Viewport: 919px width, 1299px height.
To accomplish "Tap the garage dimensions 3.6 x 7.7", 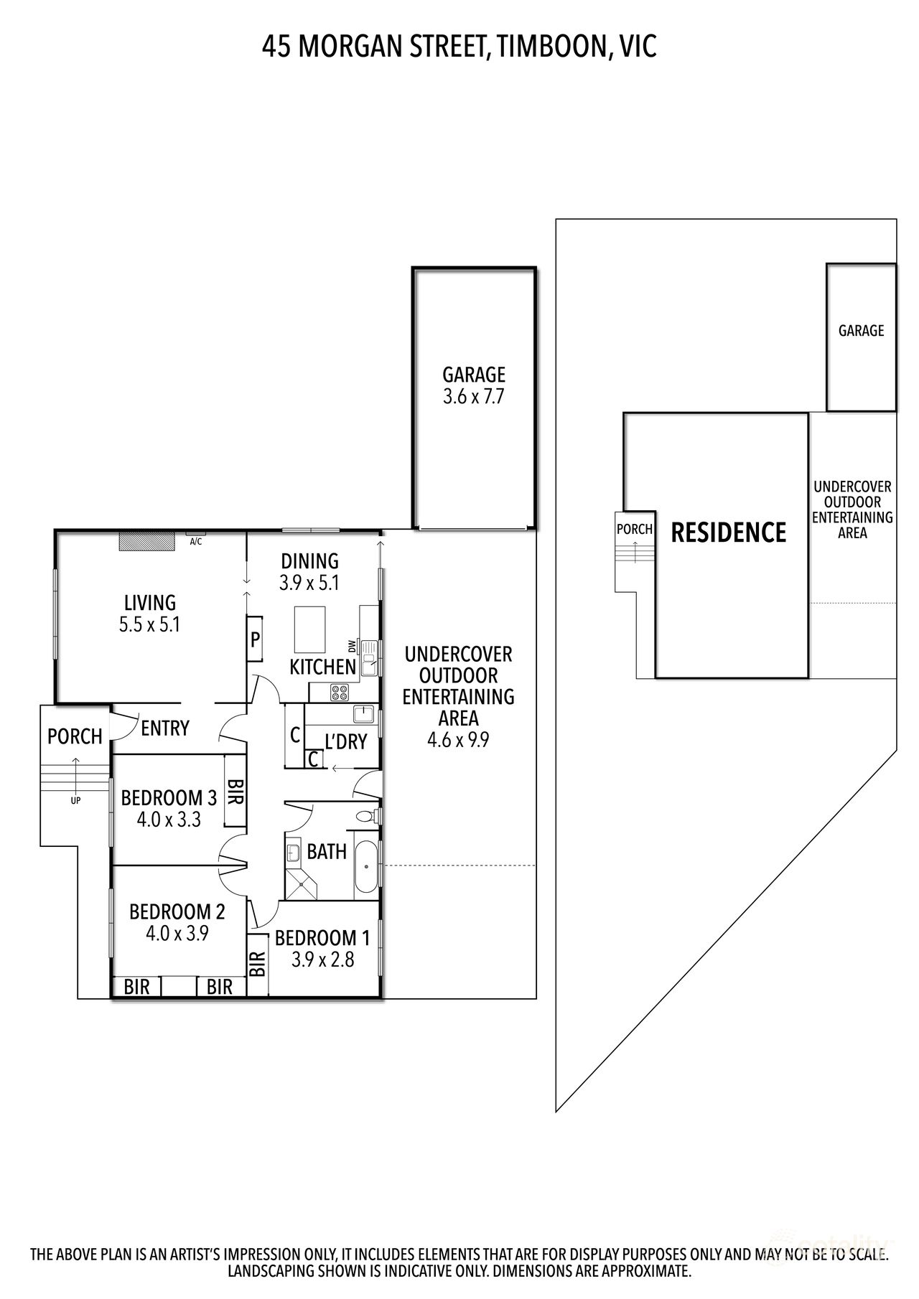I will click(x=473, y=397).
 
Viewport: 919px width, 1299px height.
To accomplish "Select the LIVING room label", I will click(x=150, y=603).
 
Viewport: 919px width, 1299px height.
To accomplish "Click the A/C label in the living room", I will click(x=195, y=541).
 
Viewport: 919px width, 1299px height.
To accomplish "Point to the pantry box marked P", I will click(x=255, y=638).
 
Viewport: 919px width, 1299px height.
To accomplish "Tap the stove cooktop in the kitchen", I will click(x=339, y=693).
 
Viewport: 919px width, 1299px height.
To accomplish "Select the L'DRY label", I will click(x=345, y=742).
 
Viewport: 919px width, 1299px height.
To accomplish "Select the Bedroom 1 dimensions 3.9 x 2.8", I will click(x=322, y=960).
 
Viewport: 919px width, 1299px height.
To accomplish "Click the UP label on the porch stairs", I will click(x=75, y=799).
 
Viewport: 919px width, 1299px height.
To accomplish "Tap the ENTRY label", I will click(x=165, y=728).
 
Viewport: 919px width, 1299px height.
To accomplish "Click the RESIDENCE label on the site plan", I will click(x=728, y=533).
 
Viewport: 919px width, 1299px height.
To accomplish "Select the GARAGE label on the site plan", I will click(x=861, y=331).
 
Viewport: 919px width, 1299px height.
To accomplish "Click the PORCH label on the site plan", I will click(x=635, y=529).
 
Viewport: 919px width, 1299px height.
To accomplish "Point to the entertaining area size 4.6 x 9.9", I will click(x=458, y=739).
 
